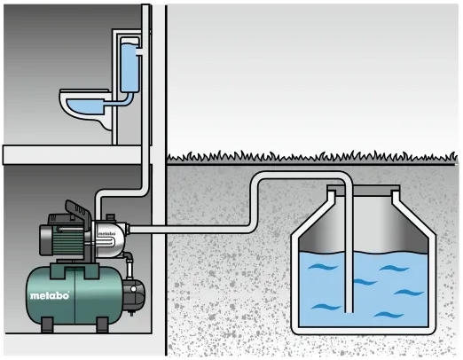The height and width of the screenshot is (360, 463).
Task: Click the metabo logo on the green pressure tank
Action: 50,295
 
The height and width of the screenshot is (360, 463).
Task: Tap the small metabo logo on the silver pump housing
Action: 106,233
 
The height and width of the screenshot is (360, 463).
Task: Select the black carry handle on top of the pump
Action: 79,211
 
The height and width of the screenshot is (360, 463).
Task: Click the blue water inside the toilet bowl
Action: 85,106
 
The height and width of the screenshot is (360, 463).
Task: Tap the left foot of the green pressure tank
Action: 47,325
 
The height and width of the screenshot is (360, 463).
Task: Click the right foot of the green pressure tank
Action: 102,325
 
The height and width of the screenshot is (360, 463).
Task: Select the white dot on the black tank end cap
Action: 134,289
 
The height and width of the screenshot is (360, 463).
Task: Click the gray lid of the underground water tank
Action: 364,191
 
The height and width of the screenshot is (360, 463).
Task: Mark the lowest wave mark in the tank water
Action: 388,315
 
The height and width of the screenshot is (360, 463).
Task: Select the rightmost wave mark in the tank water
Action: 409,293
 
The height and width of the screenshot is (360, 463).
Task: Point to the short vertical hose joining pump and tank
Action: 129,267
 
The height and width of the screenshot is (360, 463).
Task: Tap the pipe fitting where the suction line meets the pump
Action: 128,229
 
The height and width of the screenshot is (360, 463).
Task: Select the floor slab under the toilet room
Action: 73,154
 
